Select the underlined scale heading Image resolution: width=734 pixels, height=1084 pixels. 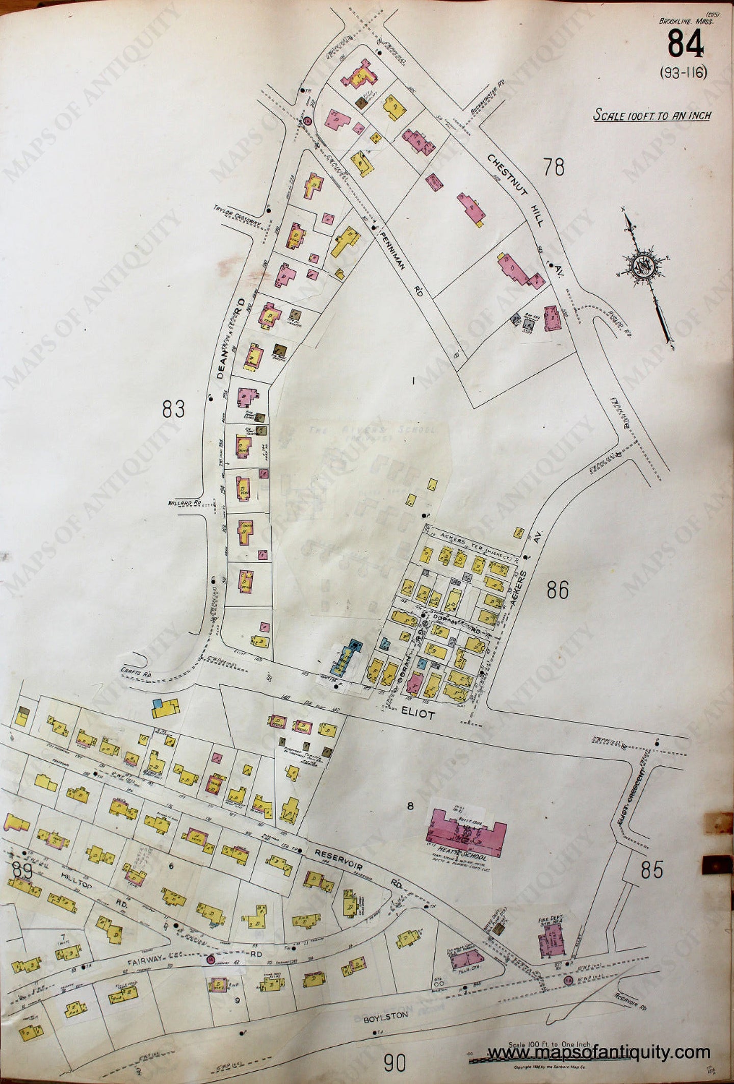coord(652,116)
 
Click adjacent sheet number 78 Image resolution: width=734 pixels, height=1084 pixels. coord(554,167)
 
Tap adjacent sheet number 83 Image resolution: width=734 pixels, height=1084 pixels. coord(173,409)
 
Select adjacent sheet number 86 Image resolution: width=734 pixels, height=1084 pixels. coord(558,590)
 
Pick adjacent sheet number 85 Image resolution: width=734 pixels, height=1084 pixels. coord(653,870)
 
